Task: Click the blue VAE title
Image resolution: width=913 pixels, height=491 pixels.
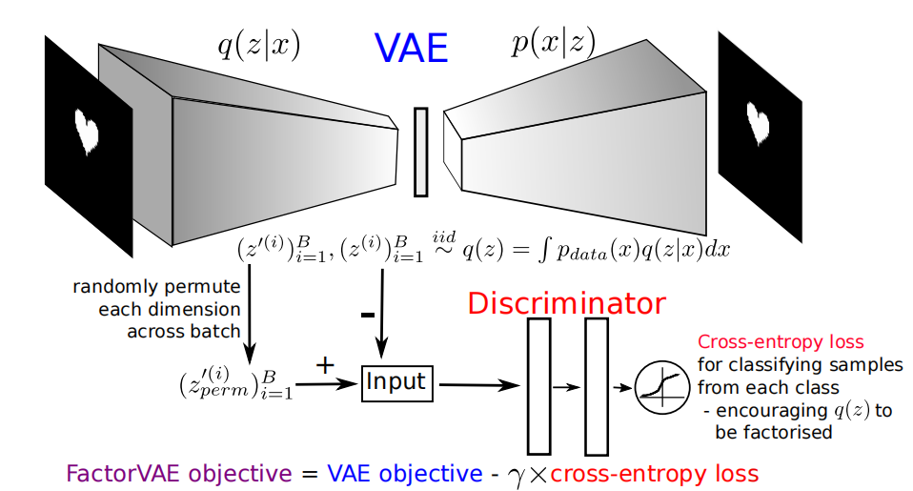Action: point(412,47)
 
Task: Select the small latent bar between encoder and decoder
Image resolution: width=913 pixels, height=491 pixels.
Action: point(420,152)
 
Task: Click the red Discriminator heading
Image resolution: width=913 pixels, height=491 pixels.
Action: point(566,304)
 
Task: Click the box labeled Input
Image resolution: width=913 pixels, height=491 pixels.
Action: point(396,383)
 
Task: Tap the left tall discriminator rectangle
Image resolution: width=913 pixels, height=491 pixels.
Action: point(538,385)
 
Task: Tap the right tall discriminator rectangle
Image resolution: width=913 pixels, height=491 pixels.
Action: point(597,385)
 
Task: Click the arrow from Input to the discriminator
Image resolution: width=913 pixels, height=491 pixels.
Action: point(477,385)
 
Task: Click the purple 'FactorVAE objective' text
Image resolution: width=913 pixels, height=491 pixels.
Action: point(179,473)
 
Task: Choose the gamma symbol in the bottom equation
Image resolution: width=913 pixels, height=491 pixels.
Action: point(517,475)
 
